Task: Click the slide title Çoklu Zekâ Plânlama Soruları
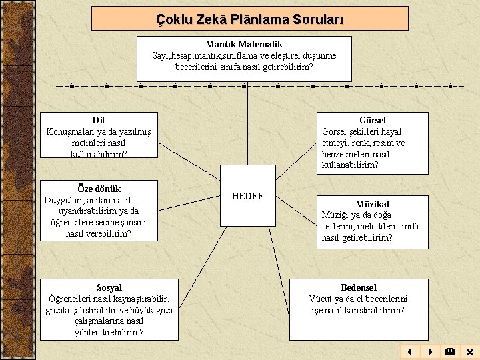pyautogui.click(x=249, y=19)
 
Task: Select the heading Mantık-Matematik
pyautogui.click(x=244, y=44)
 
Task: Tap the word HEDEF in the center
pyautogui.click(x=247, y=196)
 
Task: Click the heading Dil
pyautogui.click(x=99, y=120)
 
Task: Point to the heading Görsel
pyautogui.click(x=372, y=120)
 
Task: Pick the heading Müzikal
pyautogui.click(x=372, y=204)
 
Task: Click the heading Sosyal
pyautogui.click(x=109, y=287)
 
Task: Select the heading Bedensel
pyautogui.click(x=359, y=287)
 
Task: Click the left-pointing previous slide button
pyautogui.click(x=410, y=351)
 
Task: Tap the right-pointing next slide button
pyautogui.click(x=430, y=351)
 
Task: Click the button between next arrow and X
pyautogui.click(x=450, y=351)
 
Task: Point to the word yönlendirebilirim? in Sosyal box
pyautogui.click(x=109, y=333)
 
